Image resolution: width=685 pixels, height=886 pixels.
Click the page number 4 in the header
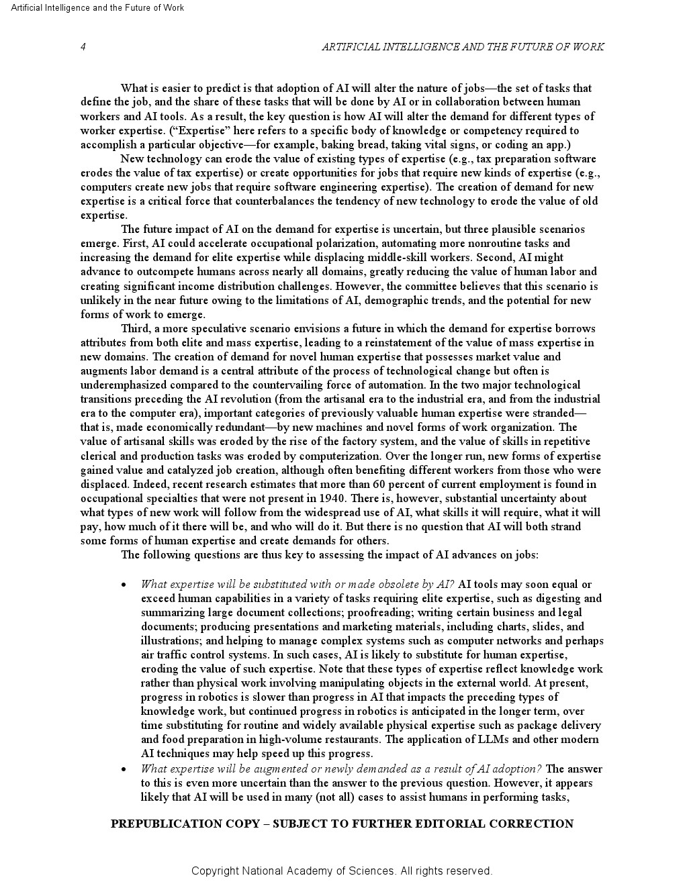pyautogui.click(x=83, y=46)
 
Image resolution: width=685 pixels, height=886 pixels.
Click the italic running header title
pyautogui.click(x=463, y=46)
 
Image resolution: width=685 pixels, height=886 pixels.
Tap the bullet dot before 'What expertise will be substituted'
pyautogui.click(x=124, y=585)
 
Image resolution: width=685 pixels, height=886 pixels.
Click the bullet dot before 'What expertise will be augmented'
pyautogui.click(x=124, y=769)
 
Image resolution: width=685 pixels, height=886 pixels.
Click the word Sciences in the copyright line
pyautogui.click(x=371, y=871)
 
